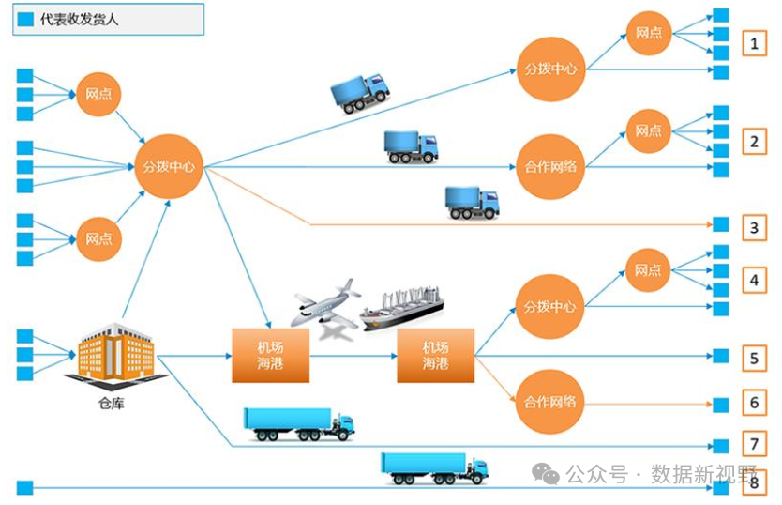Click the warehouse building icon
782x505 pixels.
coord(115,355)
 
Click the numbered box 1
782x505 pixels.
coord(754,43)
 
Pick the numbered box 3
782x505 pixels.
coord(754,226)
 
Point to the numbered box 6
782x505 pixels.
coord(754,403)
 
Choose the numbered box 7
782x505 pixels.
coord(754,443)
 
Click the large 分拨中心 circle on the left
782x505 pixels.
coord(169,167)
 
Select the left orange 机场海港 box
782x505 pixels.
coord(271,355)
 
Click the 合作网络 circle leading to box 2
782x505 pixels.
coord(550,167)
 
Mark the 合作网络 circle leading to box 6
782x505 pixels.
coord(550,402)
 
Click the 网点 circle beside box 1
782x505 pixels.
coord(649,34)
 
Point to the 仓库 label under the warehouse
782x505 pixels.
coord(111,405)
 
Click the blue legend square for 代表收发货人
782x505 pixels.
coord(26,19)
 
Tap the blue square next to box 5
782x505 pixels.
coord(720,356)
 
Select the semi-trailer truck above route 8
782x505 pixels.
coord(434,467)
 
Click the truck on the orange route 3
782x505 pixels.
coord(472,202)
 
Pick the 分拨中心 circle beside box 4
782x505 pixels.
coord(550,307)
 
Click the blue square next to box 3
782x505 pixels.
coord(720,224)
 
